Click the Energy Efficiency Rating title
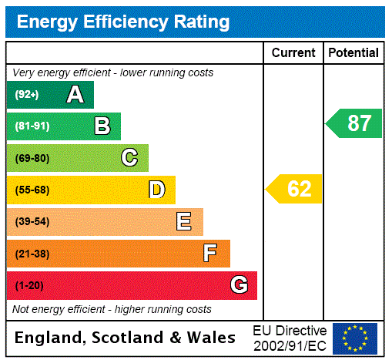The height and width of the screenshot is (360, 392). [123, 22]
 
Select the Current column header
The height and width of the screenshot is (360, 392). [293, 52]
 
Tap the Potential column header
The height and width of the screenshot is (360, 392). [353, 52]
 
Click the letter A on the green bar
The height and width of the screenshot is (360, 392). [75, 95]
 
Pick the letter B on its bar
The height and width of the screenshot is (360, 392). [102, 126]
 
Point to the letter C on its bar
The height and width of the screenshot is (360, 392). [129, 158]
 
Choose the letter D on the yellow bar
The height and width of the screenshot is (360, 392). [156, 190]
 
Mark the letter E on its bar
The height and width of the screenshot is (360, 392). [183, 222]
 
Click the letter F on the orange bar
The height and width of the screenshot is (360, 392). [209, 253]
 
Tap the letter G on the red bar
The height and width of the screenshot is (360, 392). [239, 285]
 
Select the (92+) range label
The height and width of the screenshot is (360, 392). [27, 95]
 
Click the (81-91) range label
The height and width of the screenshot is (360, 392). [32, 126]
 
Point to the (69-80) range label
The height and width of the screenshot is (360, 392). [32, 158]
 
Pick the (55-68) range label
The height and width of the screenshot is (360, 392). [32, 190]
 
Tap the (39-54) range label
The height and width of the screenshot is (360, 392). [32, 222]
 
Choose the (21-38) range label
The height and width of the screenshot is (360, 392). [32, 254]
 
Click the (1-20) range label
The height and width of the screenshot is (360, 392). [29, 285]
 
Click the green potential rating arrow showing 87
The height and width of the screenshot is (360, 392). [354, 123]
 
